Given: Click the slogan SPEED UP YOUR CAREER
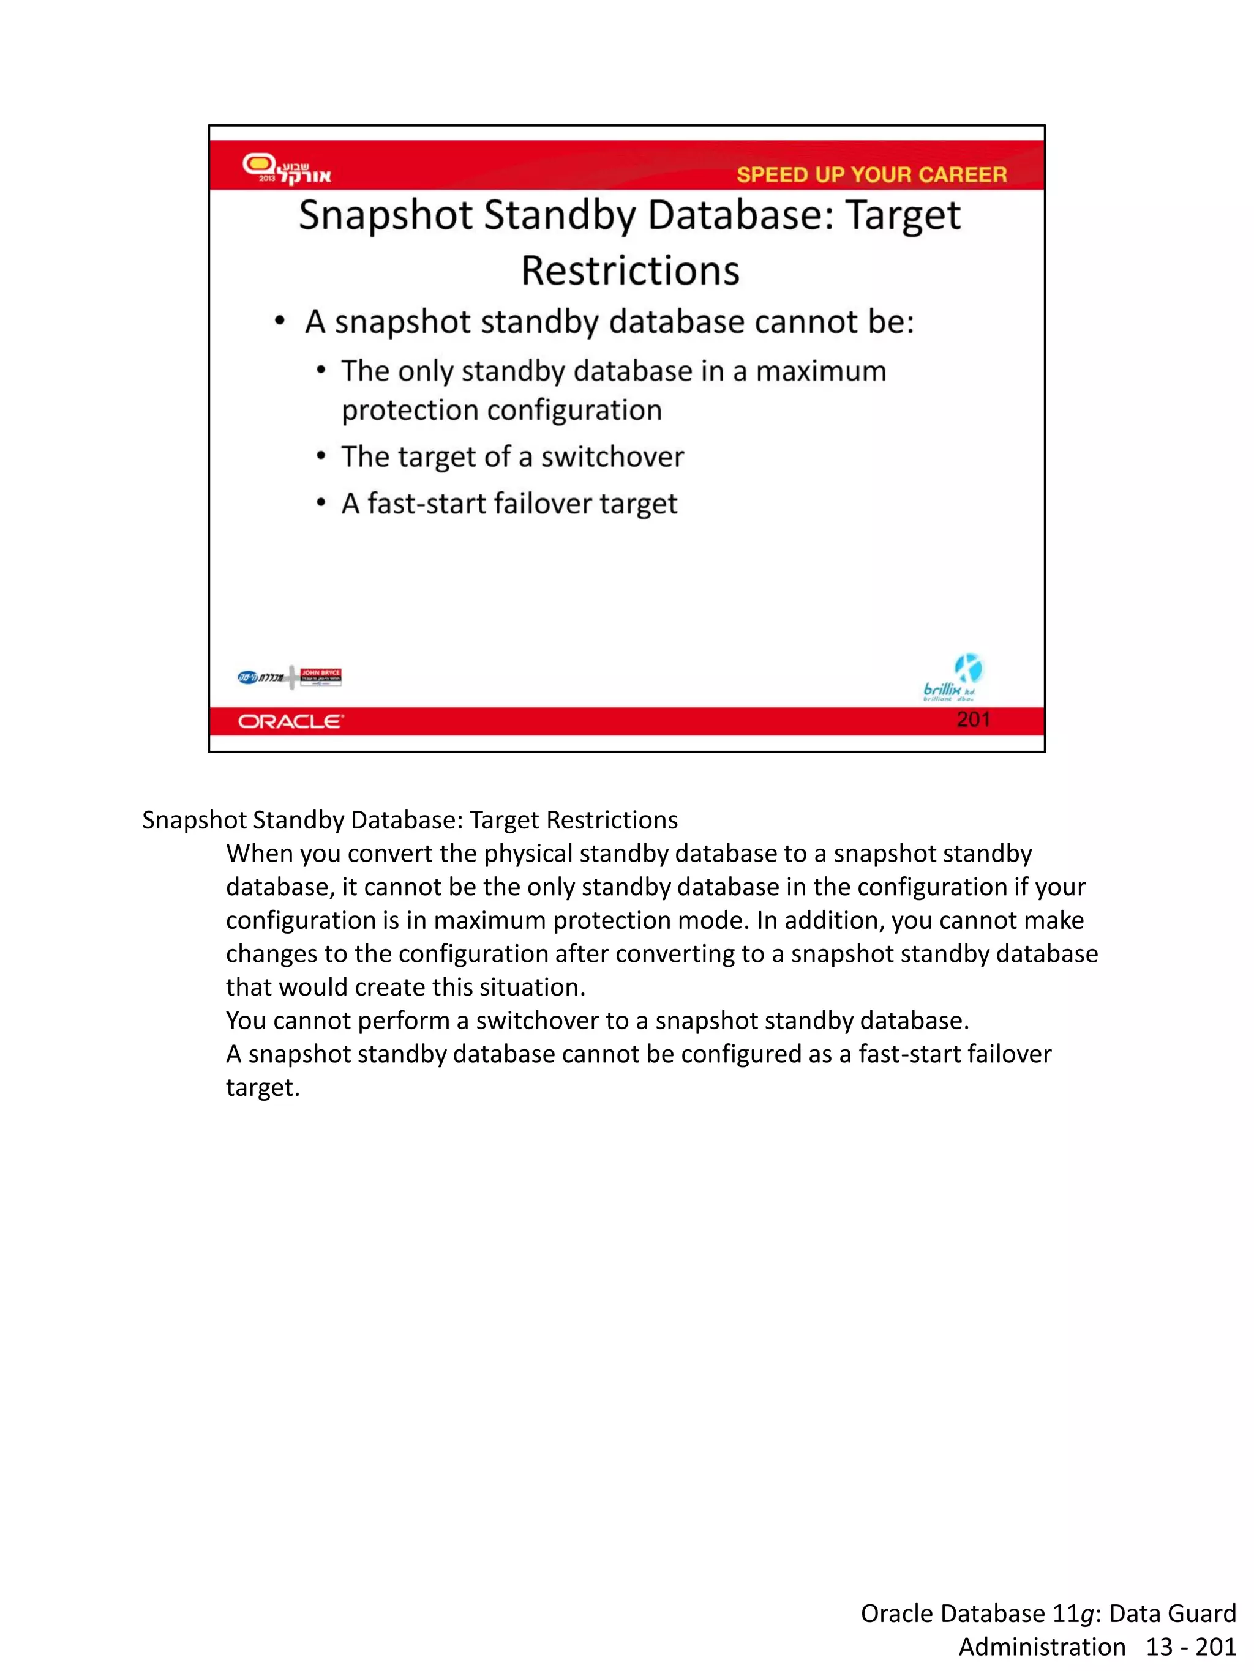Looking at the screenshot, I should click(x=871, y=174).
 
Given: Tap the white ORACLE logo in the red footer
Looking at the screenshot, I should click(x=290, y=721).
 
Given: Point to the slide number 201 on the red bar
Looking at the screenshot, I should click(x=972, y=719).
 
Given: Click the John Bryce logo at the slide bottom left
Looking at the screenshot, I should click(x=320, y=677).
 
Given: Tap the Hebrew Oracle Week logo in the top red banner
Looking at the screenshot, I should click(x=287, y=168).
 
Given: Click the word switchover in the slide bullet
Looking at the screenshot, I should click(x=612, y=457).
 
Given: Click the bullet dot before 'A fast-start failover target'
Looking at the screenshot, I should click(x=321, y=503).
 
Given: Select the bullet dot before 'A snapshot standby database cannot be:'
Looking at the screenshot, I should click(x=280, y=322).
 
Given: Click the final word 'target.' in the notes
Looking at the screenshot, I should click(x=262, y=1088).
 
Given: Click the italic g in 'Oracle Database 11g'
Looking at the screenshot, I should click(x=1086, y=1614).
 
